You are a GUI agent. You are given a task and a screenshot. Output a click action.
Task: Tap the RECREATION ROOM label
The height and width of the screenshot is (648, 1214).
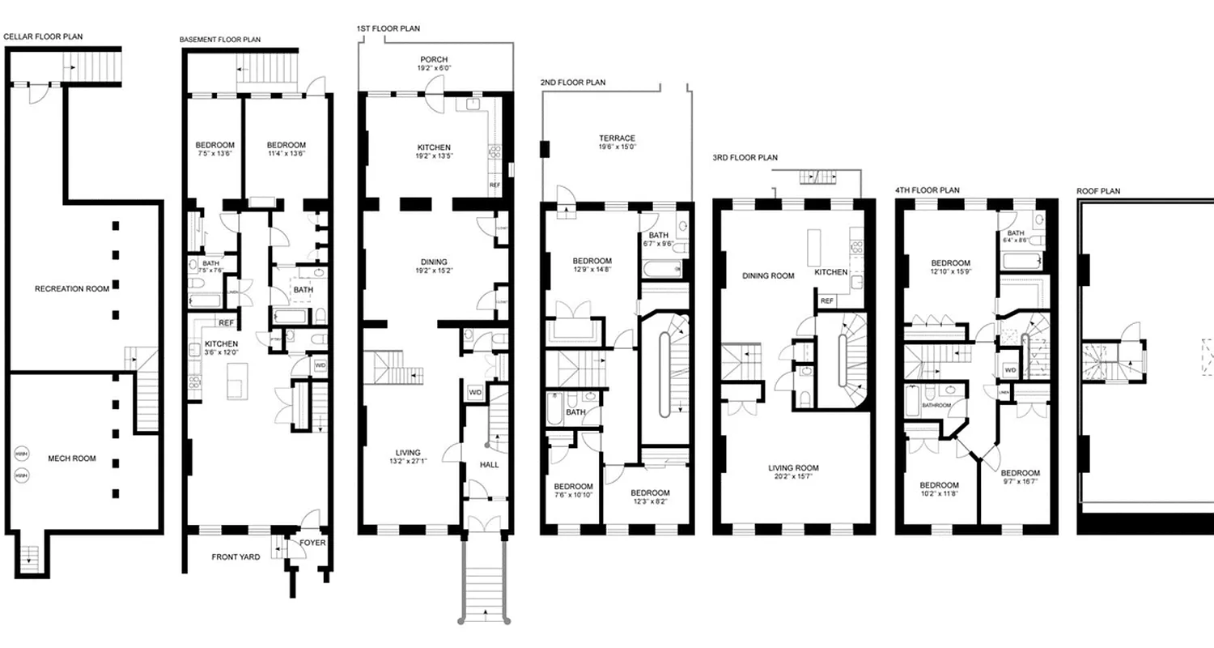pos(71,288)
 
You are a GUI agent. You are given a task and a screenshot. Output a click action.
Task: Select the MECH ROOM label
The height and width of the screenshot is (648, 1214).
pos(71,458)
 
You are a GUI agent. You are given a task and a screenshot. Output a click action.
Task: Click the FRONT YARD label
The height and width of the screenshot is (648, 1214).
pos(236,557)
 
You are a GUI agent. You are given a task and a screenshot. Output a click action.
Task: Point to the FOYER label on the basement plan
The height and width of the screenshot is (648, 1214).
pos(312,543)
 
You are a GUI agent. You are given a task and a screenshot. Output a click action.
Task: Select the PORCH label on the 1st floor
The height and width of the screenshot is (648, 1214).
pos(434,60)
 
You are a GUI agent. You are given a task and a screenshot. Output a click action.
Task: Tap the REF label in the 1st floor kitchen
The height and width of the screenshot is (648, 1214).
pos(495,185)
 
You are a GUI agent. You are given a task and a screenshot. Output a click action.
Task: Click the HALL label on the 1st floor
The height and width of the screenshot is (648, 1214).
pos(490,465)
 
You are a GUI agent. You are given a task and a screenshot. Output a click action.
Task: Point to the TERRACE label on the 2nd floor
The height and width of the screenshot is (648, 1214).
pos(617,138)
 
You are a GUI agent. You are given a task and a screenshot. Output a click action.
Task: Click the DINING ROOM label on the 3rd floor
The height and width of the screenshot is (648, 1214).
pos(768,275)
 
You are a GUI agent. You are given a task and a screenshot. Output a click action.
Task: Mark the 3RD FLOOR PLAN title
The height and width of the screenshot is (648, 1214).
pos(745,157)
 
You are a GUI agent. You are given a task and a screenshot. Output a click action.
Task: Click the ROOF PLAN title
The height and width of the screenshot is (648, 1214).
pos(1098,191)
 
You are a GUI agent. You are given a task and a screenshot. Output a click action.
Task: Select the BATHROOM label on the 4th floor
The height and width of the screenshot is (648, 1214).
pos(936,405)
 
